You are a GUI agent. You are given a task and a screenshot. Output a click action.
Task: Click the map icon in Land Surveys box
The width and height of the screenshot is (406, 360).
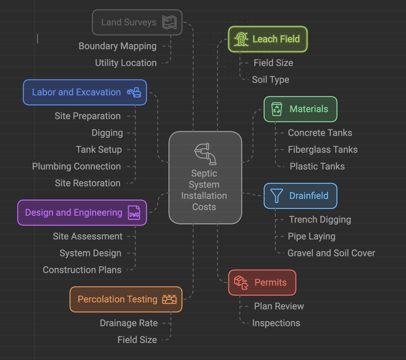click(x=169, y=22)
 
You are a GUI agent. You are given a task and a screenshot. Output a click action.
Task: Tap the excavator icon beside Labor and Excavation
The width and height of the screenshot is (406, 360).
click(x=134, y=92)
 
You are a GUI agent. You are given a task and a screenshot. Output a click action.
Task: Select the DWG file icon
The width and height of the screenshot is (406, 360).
click(x=134, y=213)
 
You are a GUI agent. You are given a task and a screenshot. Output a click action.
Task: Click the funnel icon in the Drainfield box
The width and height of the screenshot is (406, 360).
click(x=276, y=196)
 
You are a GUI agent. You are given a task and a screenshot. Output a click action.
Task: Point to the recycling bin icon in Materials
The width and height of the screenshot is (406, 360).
click(x=276, y=109)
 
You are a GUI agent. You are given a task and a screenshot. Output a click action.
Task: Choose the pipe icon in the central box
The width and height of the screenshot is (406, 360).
click(x=205, y=154)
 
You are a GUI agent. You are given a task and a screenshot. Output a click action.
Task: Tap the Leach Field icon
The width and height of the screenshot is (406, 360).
click(x=241, y=39)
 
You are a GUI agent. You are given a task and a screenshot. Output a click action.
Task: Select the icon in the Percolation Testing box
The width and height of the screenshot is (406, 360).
click(x=169, y=299)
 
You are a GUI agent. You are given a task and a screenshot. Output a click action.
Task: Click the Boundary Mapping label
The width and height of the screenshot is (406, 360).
click(x=118, y=46)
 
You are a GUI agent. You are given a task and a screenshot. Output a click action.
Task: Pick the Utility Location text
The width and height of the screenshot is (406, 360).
click(x=126, y=63)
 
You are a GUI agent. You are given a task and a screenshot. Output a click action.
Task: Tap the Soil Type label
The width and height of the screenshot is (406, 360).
click(x=270, y=80)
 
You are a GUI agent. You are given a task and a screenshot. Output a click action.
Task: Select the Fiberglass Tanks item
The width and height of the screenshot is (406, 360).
click(x=322, y=149)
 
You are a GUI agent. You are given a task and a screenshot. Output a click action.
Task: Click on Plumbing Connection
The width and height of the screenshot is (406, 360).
click(x=76, y=166)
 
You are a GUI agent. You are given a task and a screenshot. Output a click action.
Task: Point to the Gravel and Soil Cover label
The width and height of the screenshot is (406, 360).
click(x=331, y=253)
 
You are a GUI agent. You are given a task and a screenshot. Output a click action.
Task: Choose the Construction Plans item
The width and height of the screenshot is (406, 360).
click(x=82, y=270)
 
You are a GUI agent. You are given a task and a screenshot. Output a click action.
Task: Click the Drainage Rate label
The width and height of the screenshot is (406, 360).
click(x=129, y=323)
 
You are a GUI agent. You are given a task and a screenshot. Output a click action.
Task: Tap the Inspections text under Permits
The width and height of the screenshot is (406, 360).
click(x=276, y=323)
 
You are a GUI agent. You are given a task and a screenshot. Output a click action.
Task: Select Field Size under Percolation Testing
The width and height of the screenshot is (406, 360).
click(x=137, y=340)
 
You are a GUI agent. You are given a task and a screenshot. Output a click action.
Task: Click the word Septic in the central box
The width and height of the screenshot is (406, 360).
click(x=204, y=173)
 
